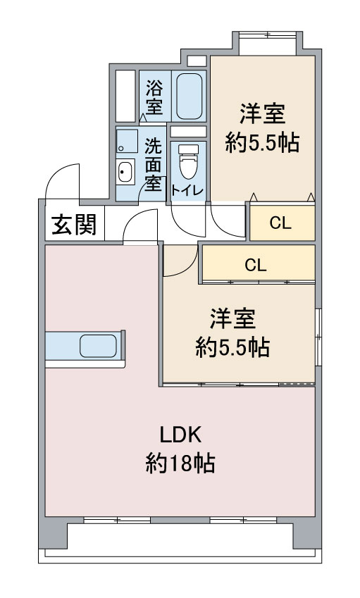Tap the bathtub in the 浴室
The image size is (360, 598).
[x=189, y=96]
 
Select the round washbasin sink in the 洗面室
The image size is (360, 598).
[x=125, y=172]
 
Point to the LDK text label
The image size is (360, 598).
[x=180, y=435]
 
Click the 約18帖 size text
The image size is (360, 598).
[x=180, y=463]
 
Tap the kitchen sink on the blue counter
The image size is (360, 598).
[x=99, y=346]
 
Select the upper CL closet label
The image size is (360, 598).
[x=280, y=223]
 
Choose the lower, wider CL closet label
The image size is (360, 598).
[x=256, y=265]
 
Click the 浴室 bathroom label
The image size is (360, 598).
[x=154, y=97]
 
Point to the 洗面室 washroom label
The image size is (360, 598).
[x=153, y=165]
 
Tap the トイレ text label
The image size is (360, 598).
[x=187, y=190]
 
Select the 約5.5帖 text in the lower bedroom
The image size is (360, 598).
[x=232, y=347]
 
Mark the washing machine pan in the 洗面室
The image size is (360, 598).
[x=127, y=141]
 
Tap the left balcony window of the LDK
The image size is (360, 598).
[x=117, y=520]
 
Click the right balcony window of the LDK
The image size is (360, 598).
[x=243, y=520]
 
